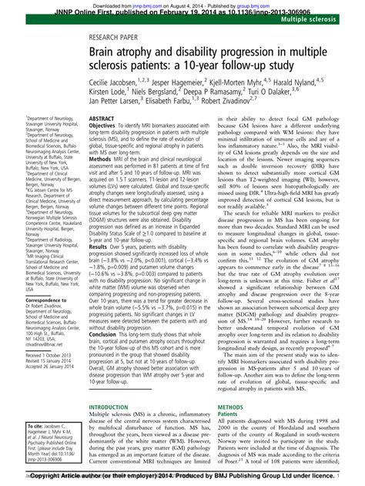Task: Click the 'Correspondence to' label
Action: point(28,303)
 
